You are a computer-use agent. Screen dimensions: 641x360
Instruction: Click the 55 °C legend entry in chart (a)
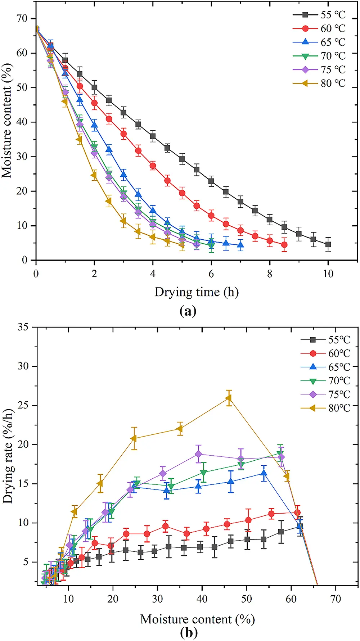click(x=319, y=15)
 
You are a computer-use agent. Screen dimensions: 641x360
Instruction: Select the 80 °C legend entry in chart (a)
click(x=319, y=83)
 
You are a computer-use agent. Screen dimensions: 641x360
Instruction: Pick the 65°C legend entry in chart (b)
click(x=325, y=367)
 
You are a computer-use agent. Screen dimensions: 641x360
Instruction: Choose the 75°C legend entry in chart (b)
click(x=325, y=394)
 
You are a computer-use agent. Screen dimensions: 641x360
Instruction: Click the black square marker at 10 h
click(x=328, y=244)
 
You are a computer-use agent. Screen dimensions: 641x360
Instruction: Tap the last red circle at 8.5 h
click(x=284, y=245)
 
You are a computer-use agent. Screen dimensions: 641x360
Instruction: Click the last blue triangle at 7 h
click(x=240, y=245)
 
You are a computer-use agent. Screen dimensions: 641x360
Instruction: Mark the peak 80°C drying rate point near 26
click(x=229, y=398)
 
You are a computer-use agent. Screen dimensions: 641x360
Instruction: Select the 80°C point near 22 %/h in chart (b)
click(x=180, y=429)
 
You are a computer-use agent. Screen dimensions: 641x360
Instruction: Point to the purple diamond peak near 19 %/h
click(x=198, y=454)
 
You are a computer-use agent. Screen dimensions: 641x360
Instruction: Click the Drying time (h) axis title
click(x=197, y=292)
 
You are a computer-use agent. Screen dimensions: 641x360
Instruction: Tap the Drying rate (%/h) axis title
click(x=8, y=456)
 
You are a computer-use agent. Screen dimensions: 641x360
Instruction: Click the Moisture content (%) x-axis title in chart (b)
click(x=197, y=619)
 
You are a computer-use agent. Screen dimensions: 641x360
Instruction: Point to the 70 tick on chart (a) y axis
click(x=22, y=18)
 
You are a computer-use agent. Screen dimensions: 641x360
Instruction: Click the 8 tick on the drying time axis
click(x=270, y=274)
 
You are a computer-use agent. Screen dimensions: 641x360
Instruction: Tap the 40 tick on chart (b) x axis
click(x=202, y=599)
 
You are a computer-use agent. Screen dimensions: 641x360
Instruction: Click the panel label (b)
click(x=189, y=632)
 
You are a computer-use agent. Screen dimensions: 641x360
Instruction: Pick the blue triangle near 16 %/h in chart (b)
click(x=264, y=474)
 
